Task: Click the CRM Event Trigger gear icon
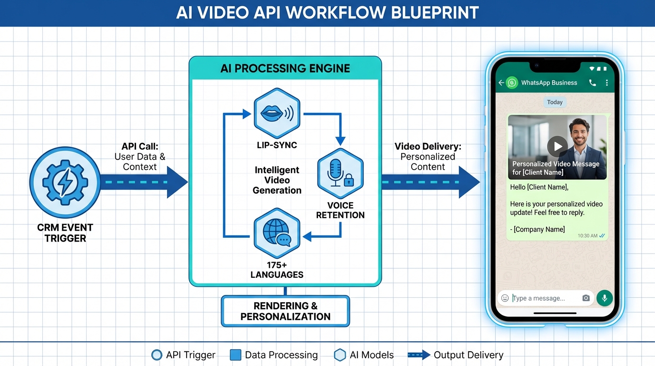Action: coord(65,182)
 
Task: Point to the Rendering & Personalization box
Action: coord(285,311)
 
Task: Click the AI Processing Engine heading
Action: coord(285,68)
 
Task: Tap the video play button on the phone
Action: coord(557,146)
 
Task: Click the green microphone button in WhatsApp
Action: coord(605,298)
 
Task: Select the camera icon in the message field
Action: coord(586,298)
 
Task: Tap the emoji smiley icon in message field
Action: coord(505,298)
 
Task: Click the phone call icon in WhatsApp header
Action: coord(592,83)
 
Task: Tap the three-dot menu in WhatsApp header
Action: coord(607,83)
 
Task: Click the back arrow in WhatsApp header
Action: coord(501,83)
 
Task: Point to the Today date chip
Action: coord(555,102)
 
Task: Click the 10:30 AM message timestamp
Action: coord(587,236)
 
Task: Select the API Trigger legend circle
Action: coord(157,355)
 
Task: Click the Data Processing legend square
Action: coord(235,355)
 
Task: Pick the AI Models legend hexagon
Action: coord(340,355)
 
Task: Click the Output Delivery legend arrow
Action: coord(419,355)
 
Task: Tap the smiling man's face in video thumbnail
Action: coord(579,134)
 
